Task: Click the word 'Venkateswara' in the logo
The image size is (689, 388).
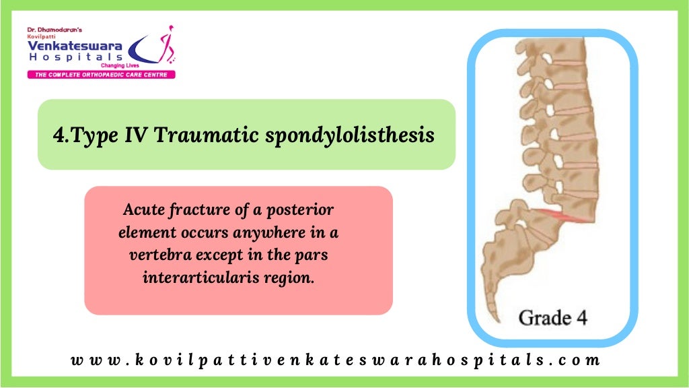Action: [x=74, y=45]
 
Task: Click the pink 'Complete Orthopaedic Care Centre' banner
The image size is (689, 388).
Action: [x=101, y=74]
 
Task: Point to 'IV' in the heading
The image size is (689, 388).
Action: [x=133, y=135]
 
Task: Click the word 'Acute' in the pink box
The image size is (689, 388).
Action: [x=142, y=210]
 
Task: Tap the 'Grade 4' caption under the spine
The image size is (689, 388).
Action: [x=552, y=317]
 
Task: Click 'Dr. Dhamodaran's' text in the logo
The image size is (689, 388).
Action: [x=54, y=30]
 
